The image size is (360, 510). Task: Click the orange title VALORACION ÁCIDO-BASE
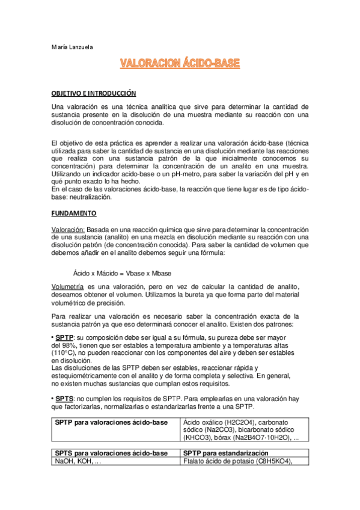[180, 63]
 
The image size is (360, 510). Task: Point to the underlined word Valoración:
[68, 230]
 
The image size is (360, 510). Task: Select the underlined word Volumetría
[68, 289]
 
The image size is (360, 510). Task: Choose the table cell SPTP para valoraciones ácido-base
[111, 423]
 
